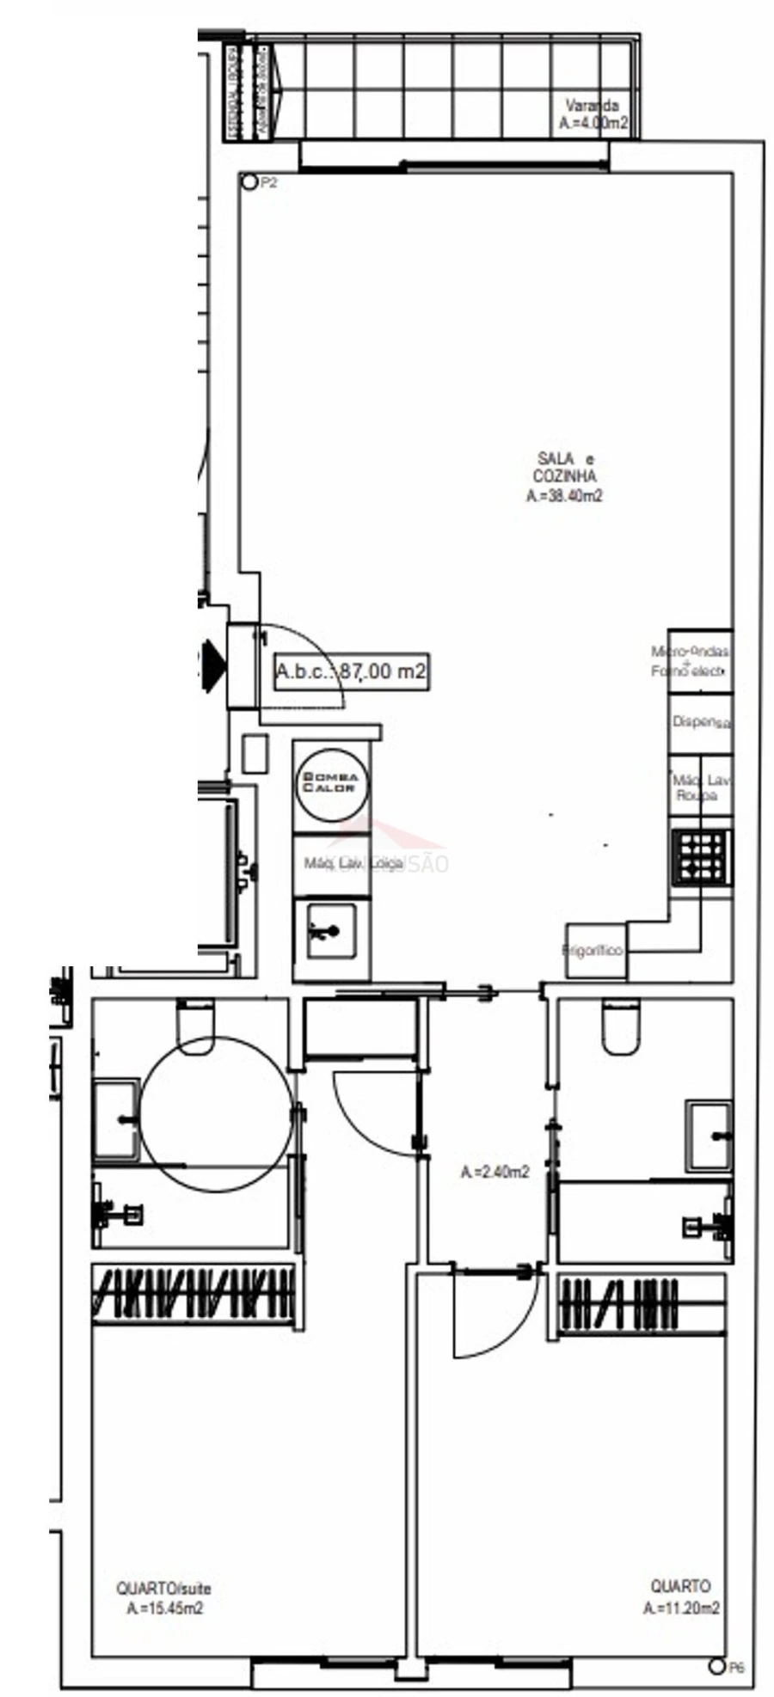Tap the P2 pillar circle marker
click(249, 182)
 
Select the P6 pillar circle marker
click(716, 1666)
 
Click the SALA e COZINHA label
click(564, 476)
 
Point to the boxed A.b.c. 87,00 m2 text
click(350, 671)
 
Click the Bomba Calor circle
click(331, 783)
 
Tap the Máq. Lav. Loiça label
click(353, 863)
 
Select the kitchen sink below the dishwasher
click(331, 929)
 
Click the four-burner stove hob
click(701, 856)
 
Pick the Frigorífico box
click(593, 950)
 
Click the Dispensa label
click(701, 722)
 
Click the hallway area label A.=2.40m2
click(494, 1171)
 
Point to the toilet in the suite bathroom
click(195, 1026)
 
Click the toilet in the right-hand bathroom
click(621, 1026)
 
